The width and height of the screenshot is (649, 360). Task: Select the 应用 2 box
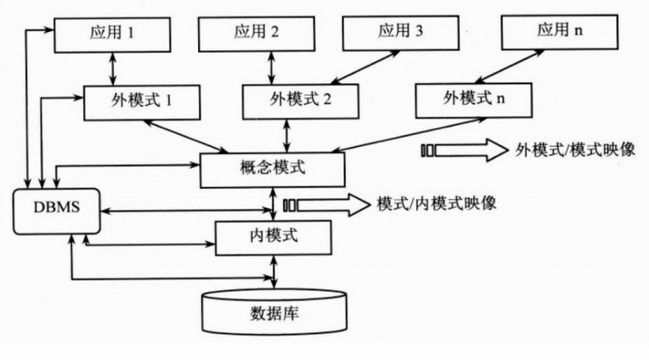[256, 34]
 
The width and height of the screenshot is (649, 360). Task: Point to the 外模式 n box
[472, 99]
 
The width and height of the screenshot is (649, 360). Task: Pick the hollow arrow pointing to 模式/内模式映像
[322, 204]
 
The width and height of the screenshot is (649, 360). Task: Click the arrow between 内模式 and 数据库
[274, 271]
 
